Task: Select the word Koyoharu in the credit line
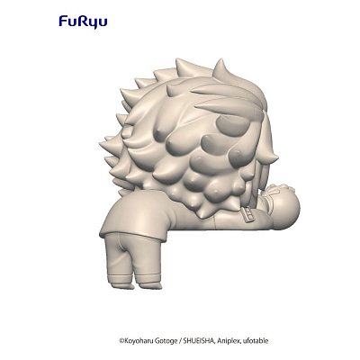click(x=141, y=340)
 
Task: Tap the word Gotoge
click(x=172, y=340)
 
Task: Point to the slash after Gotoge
click(x=188, y=340)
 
